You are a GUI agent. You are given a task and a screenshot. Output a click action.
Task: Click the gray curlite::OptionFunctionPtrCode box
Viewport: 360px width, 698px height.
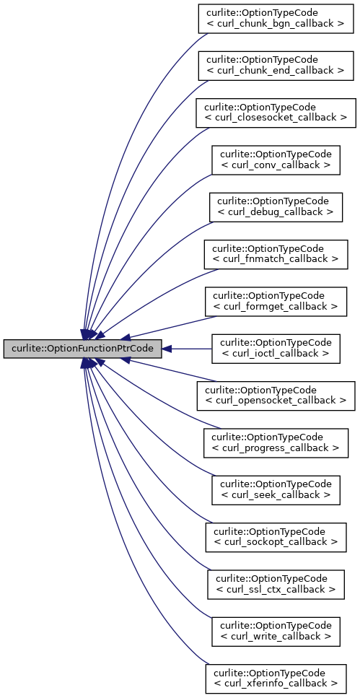coord(82,349)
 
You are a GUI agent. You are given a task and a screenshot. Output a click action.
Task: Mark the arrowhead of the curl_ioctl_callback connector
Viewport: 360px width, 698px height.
coord(167,349)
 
